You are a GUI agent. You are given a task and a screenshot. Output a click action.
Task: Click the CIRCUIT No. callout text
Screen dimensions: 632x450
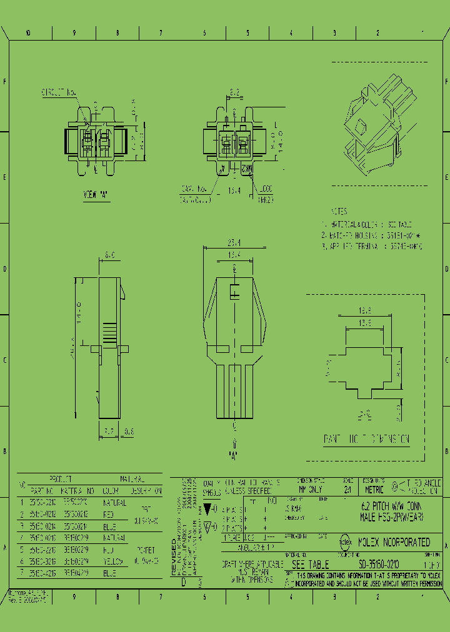click(x=59, y=92)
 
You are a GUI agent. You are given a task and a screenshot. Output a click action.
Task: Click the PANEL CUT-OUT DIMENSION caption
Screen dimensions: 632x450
click(x=366, y=439)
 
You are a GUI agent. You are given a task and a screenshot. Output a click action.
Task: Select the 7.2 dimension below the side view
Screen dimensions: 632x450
click(x=108, y=430)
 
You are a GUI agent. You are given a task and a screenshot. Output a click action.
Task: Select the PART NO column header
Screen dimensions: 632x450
click(x=42, y=491)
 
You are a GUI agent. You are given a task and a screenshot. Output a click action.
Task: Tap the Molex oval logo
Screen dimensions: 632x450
click(x=344, y=542)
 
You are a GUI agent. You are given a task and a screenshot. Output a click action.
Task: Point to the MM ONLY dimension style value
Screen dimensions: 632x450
click(x=311, y=490)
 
